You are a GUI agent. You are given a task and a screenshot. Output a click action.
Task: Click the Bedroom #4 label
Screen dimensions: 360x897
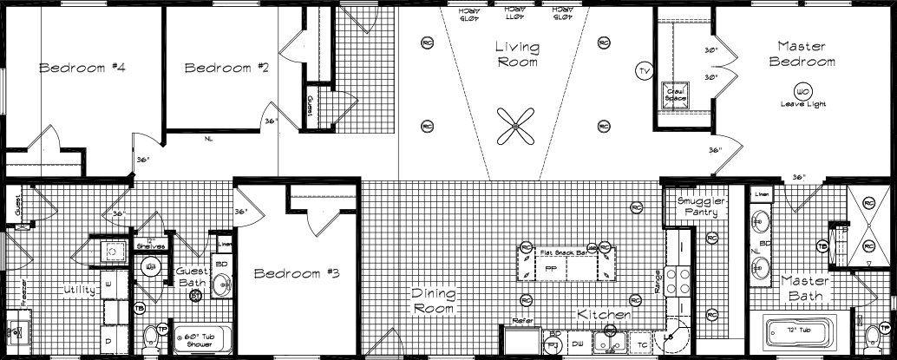point(82,67)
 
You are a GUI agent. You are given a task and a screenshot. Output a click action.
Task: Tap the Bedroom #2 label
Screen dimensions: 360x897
point(226,67)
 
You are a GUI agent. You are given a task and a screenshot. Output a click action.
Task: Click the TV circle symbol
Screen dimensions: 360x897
point(643,70)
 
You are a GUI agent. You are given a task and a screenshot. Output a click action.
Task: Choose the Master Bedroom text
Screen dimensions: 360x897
point(805,54)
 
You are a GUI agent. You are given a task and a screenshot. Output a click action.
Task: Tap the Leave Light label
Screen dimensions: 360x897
point(802,104)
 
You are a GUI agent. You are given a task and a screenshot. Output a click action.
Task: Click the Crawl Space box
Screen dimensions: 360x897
point(676,94)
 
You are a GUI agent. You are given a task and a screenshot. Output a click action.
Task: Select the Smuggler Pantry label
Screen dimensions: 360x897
point(700,205)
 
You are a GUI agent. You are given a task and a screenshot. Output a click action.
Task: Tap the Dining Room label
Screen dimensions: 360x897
point(433,300)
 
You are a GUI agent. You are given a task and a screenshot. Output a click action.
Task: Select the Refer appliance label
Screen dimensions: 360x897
point(522,321)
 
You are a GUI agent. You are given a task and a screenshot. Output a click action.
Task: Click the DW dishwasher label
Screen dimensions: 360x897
point(578,344)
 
